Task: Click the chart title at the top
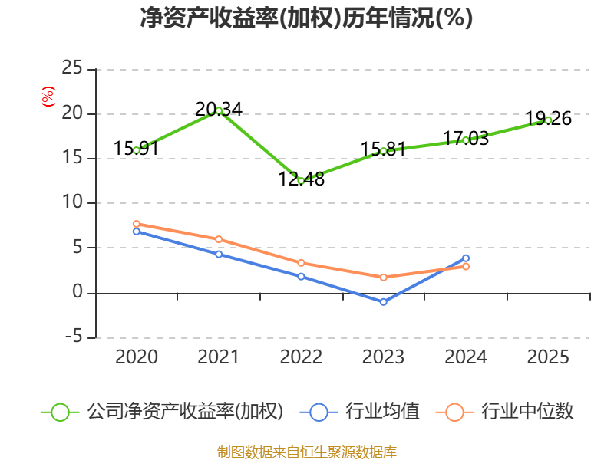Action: (x=306, y=18)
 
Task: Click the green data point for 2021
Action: (x=219, y=110)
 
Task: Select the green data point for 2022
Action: (x=301, y=181)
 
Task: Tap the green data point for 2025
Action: (x=548, y=120)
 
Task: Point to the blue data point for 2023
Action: (x=384, y=302)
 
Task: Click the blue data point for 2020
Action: (x=137, y=231)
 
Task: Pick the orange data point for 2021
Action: (x=219, y=239)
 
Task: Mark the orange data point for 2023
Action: (x=384, y=277)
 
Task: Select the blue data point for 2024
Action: (x=466, y=258)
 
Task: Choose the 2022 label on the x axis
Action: (x=301, y=357)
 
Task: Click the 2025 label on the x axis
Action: (x=548, y=357)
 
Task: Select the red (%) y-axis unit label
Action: (x=48, y=97)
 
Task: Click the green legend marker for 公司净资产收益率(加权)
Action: (x=61, y=412)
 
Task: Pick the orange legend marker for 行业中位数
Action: (x=455, y=412)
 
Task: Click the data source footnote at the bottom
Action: (x=306, y=452)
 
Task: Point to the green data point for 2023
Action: (x=384, y=151)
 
